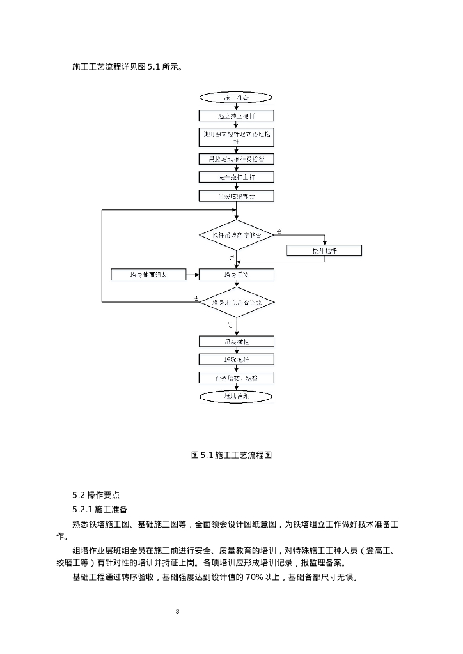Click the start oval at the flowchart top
[236, 98]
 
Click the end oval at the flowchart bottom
[236, 397]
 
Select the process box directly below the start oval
[236, 116]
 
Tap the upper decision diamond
[236, 235]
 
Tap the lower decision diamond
[236, 302]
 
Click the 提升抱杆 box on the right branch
[324, 251]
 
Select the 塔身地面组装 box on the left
[148, 275]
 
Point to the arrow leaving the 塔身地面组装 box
[192, 275]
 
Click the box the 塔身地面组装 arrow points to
[236, 275]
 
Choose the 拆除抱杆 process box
[236, 360]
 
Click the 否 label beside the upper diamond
[279, 230]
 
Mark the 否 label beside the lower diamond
[196, 298]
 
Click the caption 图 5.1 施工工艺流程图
[232, 455]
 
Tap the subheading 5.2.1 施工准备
[100, 510]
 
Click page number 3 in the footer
[178, 612]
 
